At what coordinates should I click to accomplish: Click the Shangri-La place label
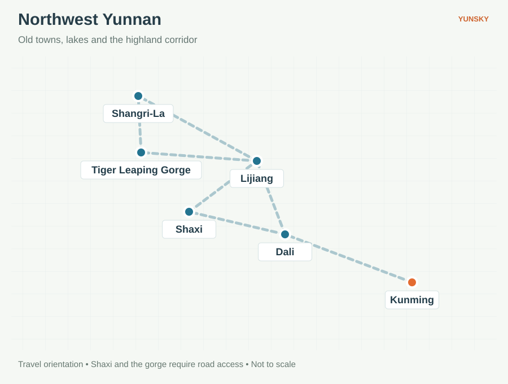pos(138,114)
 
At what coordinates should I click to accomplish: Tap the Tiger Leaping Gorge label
pos(141,170)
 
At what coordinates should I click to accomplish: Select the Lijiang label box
pos(257,178)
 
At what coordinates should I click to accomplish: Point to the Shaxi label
pos(189,229)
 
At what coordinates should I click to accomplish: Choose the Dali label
pos(285,252)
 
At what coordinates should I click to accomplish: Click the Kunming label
pos(412,300)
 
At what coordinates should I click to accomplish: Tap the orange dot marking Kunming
pos(412,282)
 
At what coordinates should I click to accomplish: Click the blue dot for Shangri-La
pos(138,96)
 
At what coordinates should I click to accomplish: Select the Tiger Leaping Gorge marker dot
pos(141,152)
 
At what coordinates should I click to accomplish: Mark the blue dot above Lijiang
pos(257,161)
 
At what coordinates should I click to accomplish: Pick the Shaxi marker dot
pos(189,212)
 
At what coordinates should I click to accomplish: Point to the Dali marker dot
pos(285,234)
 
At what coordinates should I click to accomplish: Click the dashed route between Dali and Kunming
pos(348,258)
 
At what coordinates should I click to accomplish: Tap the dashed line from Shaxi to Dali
pos(237,223)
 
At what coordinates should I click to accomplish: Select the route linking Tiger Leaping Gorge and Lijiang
pos(199,156)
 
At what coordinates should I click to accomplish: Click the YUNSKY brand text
pos(474,19)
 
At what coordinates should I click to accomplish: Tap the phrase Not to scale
pos(273,364)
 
